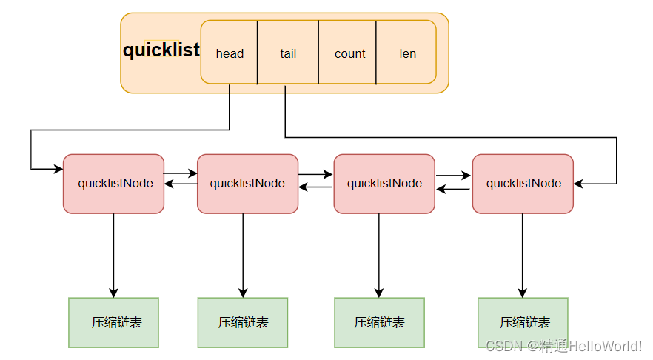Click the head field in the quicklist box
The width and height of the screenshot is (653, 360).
(x=230, y=53)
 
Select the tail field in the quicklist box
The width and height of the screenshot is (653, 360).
(x=288, y=53)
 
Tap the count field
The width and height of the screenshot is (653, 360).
(x=349, y=53)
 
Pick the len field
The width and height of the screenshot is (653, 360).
(x=407, y=53)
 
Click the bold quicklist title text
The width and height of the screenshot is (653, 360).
(x=161, y=50)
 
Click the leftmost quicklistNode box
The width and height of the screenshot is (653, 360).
(x=114, y=184)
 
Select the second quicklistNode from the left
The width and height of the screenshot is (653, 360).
(x=247, y=184)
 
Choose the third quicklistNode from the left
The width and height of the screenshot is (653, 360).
(x=384, y=184)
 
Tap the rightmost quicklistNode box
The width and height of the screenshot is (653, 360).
(x=523, y=184)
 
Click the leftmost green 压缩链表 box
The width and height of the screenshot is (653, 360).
(x=113, y=322)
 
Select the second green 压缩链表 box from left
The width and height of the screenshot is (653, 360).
(x=243, y=322)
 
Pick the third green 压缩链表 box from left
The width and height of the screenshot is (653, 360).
(x=379, y=322)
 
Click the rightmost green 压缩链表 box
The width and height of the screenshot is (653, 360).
(x=523, y=322)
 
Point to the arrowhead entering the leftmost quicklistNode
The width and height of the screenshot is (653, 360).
(x=58, y=170)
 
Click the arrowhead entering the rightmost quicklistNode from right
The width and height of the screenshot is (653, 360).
(x=579, y=184)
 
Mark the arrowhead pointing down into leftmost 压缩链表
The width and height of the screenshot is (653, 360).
(x=114, y=293)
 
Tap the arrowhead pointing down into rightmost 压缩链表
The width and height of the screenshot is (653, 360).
(x=522, y=293)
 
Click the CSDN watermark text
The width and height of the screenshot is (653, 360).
(x=563, y=346)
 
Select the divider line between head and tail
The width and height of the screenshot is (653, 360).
(x=257, y=53)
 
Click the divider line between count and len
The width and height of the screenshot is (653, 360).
(x=376, y=53)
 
